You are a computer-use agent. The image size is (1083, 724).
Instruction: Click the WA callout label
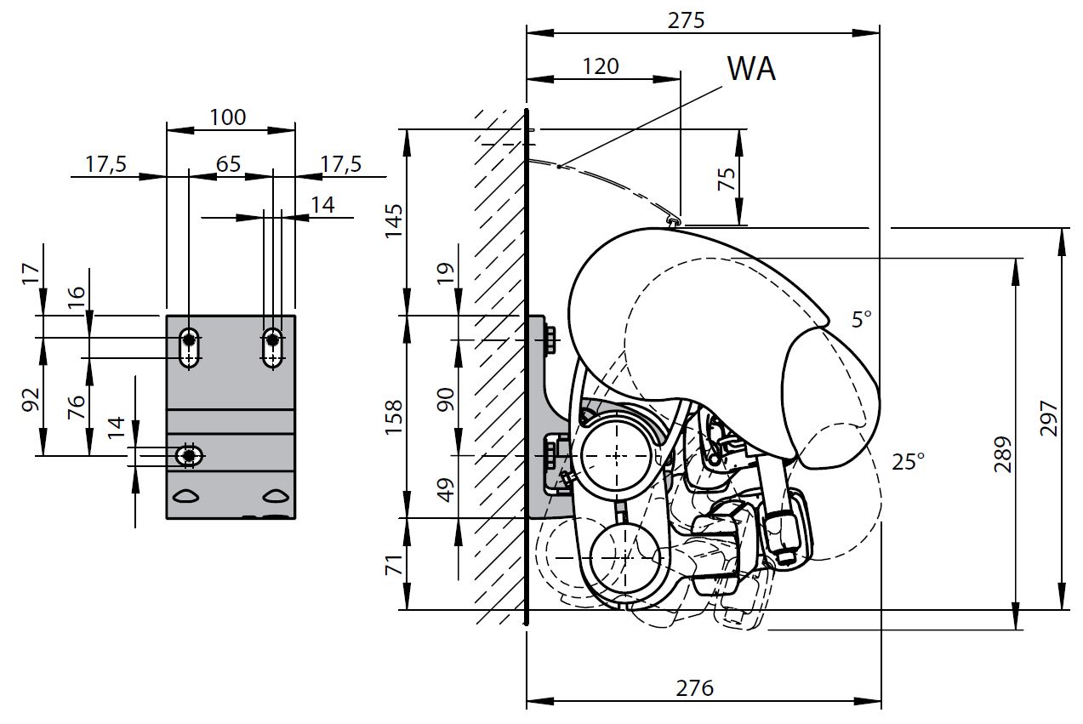751,68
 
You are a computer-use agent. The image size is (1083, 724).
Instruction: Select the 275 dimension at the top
687,20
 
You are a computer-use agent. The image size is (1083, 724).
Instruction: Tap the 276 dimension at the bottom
694,687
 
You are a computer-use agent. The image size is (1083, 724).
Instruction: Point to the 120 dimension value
601,66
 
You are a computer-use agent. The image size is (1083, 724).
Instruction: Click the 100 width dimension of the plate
227,117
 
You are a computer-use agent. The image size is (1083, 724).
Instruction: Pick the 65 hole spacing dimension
229,163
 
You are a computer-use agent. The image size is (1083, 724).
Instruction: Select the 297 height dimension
1049,419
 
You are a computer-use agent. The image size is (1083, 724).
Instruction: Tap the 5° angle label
862,320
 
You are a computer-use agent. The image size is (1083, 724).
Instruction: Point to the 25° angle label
908,462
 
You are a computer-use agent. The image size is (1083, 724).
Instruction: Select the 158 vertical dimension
394,415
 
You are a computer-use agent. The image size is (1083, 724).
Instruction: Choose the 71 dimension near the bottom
394,563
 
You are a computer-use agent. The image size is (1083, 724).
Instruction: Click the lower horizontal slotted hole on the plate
189,456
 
